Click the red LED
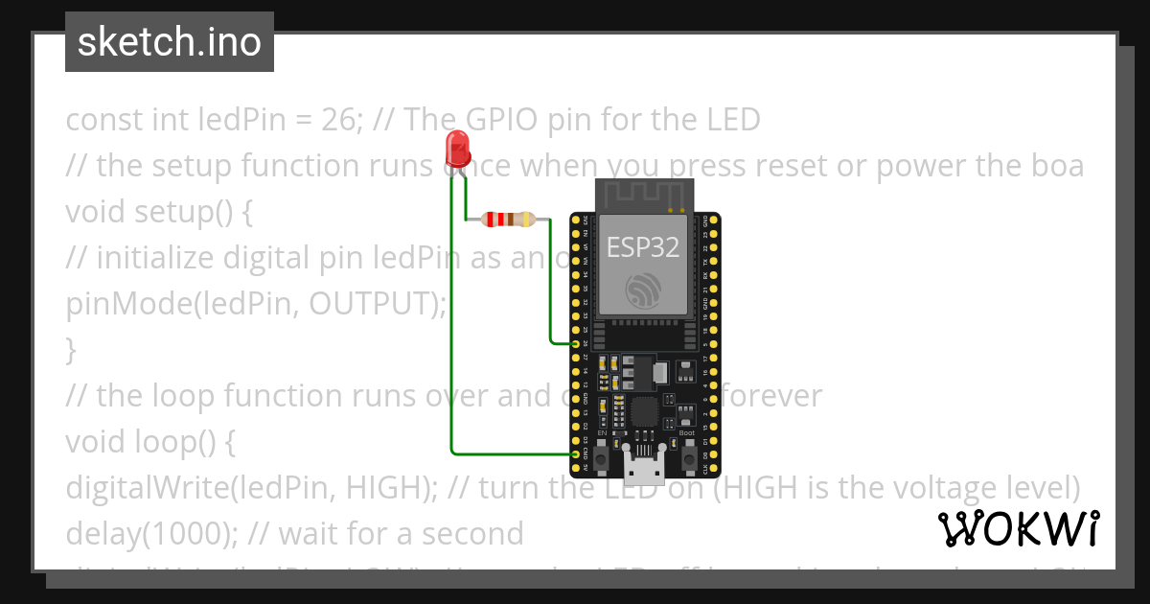(x=458, y=148)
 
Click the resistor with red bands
(x=508, y=220)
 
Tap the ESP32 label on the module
(x=643, y=247)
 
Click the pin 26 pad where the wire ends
(x=575, y=342)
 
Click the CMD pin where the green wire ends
(x=575, y=453)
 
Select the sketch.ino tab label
(x=170, y=42)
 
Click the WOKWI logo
(x=1019, y=528)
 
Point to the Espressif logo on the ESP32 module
(x=643, y=290)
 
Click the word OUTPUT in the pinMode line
(x=374, y=304)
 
